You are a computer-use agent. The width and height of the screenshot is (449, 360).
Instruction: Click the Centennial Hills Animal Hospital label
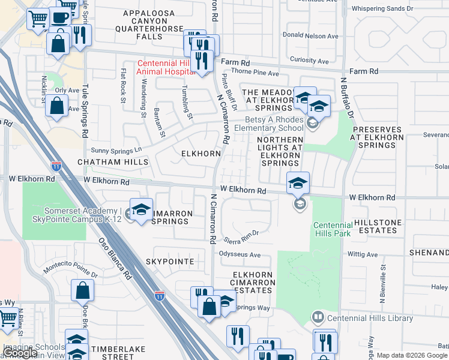162,67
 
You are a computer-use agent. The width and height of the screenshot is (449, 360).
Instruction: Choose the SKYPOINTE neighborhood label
170,262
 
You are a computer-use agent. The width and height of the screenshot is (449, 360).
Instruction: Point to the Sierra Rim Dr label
241,236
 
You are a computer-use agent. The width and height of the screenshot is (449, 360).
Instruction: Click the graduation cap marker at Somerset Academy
141,210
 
